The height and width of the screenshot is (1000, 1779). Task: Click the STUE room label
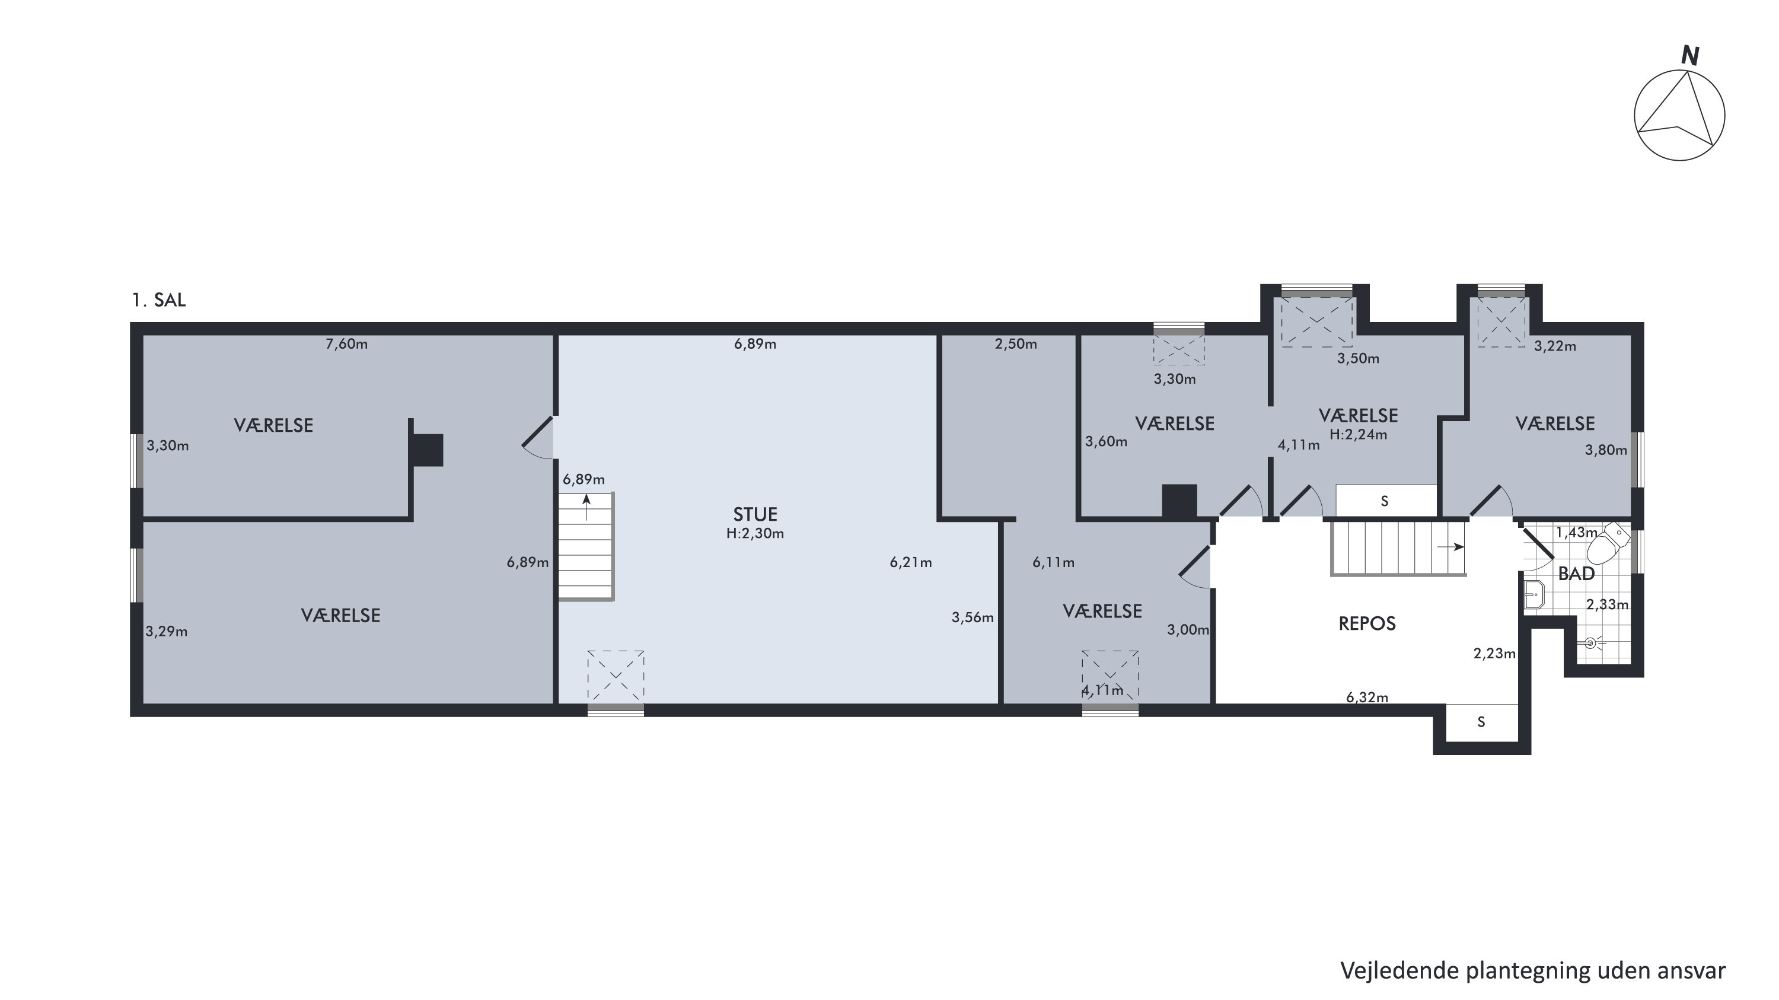pos(755,514)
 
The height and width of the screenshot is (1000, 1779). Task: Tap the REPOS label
pos(1367,623)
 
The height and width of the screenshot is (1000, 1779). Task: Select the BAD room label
pos(1576,574)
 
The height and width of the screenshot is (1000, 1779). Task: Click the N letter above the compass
pos(1690,55)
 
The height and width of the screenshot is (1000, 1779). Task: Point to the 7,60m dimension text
pos(347,344)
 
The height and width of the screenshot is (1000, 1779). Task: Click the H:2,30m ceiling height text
pos(755,533)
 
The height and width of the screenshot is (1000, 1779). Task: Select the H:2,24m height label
pos(1358,434)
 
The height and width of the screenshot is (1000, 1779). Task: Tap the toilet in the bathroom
pos(1608,543)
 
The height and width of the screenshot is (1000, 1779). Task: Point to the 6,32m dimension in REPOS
pos(1367,698)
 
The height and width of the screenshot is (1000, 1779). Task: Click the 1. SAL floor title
pos(159,300)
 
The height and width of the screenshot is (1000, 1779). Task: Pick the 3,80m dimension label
pos(1606,450)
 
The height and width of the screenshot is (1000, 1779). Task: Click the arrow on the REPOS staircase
pos(1450,547)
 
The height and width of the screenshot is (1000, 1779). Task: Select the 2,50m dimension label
pos(1016,344)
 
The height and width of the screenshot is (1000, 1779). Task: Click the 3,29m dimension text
pos(167,631)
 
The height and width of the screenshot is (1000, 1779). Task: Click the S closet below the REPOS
pos(1481,722)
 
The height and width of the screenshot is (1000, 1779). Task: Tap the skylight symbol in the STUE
pos(616,676)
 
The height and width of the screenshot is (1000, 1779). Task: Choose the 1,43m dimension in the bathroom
pos(1577,533)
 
